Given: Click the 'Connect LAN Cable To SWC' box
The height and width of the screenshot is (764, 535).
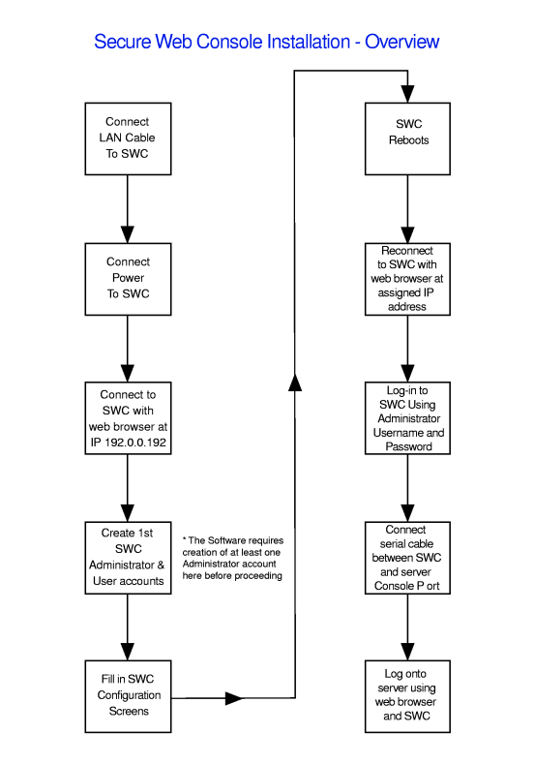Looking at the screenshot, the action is [x=128, y=138].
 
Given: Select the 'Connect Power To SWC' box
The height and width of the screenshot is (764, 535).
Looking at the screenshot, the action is [x=128, y=279].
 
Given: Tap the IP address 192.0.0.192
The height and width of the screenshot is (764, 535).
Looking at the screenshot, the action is [x=135, y=443].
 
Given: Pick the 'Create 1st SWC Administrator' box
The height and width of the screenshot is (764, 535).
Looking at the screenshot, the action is [x=128, y=558].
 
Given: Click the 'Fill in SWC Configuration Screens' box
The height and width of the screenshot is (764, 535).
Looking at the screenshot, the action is [x=128, y=696].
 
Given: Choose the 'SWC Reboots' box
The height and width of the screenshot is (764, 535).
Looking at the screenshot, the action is [x=407, y=138].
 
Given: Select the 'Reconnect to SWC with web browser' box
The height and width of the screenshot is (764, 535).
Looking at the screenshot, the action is [x=407, y=279].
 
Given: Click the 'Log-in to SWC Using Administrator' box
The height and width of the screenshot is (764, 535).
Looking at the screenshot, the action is [x=407, y=418].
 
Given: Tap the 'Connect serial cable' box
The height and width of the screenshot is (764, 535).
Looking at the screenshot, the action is [x=407, y=558].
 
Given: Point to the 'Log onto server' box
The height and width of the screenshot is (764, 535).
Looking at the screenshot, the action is [x=407, y=696].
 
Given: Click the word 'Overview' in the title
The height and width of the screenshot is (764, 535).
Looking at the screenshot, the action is [x=402, y=42].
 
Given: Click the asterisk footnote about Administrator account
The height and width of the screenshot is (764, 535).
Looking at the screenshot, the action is [x=233, y=558].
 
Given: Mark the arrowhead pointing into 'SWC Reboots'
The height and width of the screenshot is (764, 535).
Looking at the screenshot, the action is [x=407, y=94].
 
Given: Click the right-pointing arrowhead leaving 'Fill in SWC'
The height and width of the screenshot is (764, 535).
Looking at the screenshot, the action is [x=234, y=698].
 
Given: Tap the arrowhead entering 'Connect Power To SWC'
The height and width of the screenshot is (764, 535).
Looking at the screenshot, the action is [x=128, y=234].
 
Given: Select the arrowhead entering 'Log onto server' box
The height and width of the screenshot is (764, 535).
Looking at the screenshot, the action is [x=407, y=652].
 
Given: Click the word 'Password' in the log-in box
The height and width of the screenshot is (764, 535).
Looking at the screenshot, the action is [x=408, y=446].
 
